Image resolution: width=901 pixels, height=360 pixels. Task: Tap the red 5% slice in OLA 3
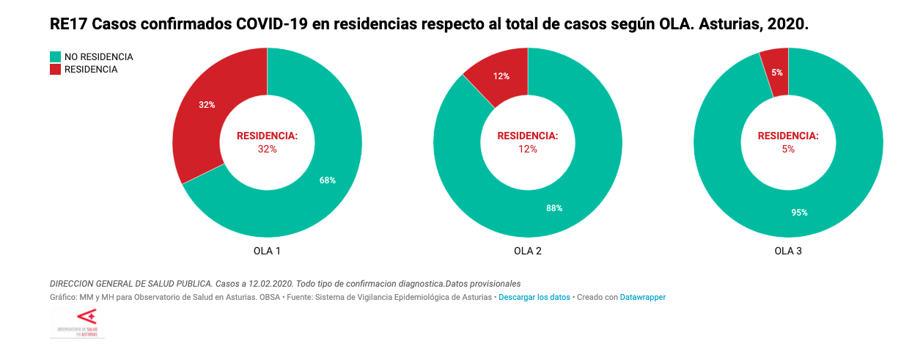point(776,72)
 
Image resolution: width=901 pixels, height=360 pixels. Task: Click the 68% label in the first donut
point(328,180)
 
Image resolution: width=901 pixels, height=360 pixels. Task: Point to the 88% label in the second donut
point(554,208)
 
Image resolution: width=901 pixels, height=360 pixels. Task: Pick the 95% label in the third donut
point(799,213)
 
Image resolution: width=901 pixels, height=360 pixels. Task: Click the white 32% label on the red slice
point(207,105)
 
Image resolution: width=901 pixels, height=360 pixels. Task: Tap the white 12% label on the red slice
point(501,76)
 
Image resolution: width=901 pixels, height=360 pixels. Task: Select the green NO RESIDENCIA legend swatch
point(55,56)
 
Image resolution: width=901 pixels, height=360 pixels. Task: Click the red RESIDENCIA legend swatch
point(55,70)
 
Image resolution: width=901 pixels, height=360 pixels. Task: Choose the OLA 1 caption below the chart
point(267,251)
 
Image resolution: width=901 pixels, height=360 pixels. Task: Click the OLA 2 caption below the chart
point(528,251)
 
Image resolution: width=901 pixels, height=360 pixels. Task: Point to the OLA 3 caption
point(788,251)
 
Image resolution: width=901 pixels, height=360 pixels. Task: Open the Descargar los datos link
point(534,298)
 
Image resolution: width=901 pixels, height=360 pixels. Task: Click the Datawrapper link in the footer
point(643,298)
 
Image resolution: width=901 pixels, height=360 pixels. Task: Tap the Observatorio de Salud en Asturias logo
point(77,323)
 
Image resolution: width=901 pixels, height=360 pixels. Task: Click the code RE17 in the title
point(67,23)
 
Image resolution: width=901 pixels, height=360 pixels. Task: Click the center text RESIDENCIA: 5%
point(788,142)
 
